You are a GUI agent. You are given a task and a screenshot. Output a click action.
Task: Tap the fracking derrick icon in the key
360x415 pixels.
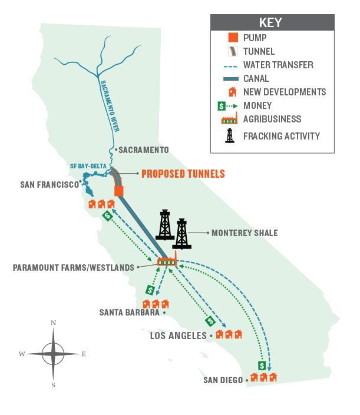point(232,136)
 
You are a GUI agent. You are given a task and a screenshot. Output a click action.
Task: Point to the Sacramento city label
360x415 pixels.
point(144,150)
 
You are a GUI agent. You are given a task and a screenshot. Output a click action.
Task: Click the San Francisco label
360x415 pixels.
point(49,184)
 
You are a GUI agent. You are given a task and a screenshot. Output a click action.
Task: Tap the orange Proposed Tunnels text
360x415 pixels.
point(183,174)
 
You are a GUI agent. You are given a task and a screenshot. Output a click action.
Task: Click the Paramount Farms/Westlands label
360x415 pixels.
point(74,267)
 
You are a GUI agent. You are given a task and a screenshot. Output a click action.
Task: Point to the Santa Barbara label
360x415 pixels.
point(130,313)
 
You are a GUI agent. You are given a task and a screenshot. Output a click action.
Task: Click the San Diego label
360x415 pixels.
point(223,380)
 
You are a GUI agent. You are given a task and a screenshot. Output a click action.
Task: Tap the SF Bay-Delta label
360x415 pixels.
point(89,166)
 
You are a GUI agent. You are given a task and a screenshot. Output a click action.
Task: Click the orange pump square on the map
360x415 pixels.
point(119,192)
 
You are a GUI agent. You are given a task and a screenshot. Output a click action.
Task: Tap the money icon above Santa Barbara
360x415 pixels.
point(150,290)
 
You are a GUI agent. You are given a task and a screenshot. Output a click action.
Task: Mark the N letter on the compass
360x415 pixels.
point(54,323)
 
